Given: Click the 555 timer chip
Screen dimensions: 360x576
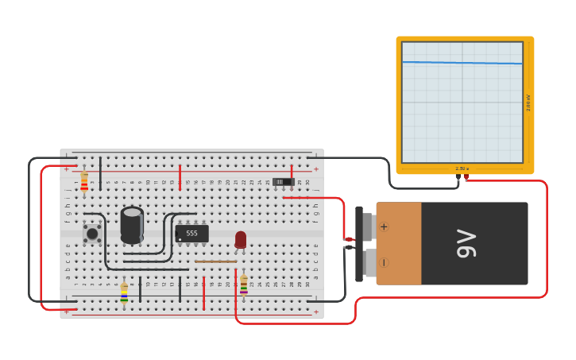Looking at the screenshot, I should click(x=191, y=234).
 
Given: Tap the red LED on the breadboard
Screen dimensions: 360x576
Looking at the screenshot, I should click(x=241, y=239).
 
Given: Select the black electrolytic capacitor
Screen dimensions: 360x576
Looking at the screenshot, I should click(x=132, y=224).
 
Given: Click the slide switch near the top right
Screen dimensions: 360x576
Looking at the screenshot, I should click(x=283, y=182).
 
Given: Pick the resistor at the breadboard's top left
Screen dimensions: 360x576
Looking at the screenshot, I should click(x=84, y=182).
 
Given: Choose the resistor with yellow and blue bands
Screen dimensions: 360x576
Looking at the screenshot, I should click(x=124, y=292).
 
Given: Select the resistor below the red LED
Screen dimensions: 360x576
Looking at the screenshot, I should click(x=244, y=285).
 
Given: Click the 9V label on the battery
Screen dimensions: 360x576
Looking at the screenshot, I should click(x=466, y=243).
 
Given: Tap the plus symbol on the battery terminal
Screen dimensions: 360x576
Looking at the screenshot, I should click(x=384, y=226).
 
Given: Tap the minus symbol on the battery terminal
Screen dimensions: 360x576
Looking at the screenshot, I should click(x=384, y=262).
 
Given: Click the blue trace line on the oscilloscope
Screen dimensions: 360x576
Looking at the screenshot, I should click(x=462, y=63).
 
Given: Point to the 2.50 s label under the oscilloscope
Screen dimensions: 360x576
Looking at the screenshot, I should click(x=462, y=168).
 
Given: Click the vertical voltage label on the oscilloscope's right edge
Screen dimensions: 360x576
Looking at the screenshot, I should click(x=528, y=103).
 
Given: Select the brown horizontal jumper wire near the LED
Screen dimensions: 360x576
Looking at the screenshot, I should click(x=215, y=261).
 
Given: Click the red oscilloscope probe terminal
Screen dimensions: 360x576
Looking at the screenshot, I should click(x=466, y=177).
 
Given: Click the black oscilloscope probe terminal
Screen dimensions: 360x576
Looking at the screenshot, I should click(x=458, y=178).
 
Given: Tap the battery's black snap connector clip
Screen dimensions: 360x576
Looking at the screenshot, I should click(x=359, y=243).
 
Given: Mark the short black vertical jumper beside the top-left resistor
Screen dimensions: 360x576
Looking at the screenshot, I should click(x=100, y=173).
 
